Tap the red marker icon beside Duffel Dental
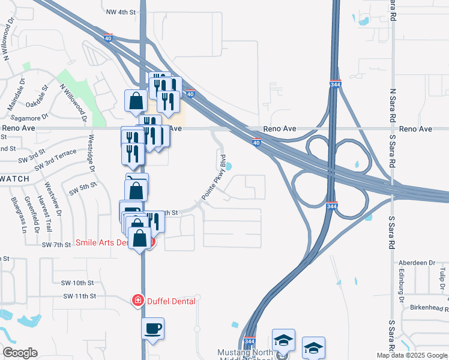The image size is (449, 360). [x=137, y=300]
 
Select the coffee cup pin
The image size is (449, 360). [x=152, y=329]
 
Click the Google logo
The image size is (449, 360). [x=20, y=353]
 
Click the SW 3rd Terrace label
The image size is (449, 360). [x=56, y=157]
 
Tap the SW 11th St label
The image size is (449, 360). [x=80, y=296]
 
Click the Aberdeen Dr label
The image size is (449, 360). [x=417, y=263]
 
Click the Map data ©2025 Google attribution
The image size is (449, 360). [x=411, y=355]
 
